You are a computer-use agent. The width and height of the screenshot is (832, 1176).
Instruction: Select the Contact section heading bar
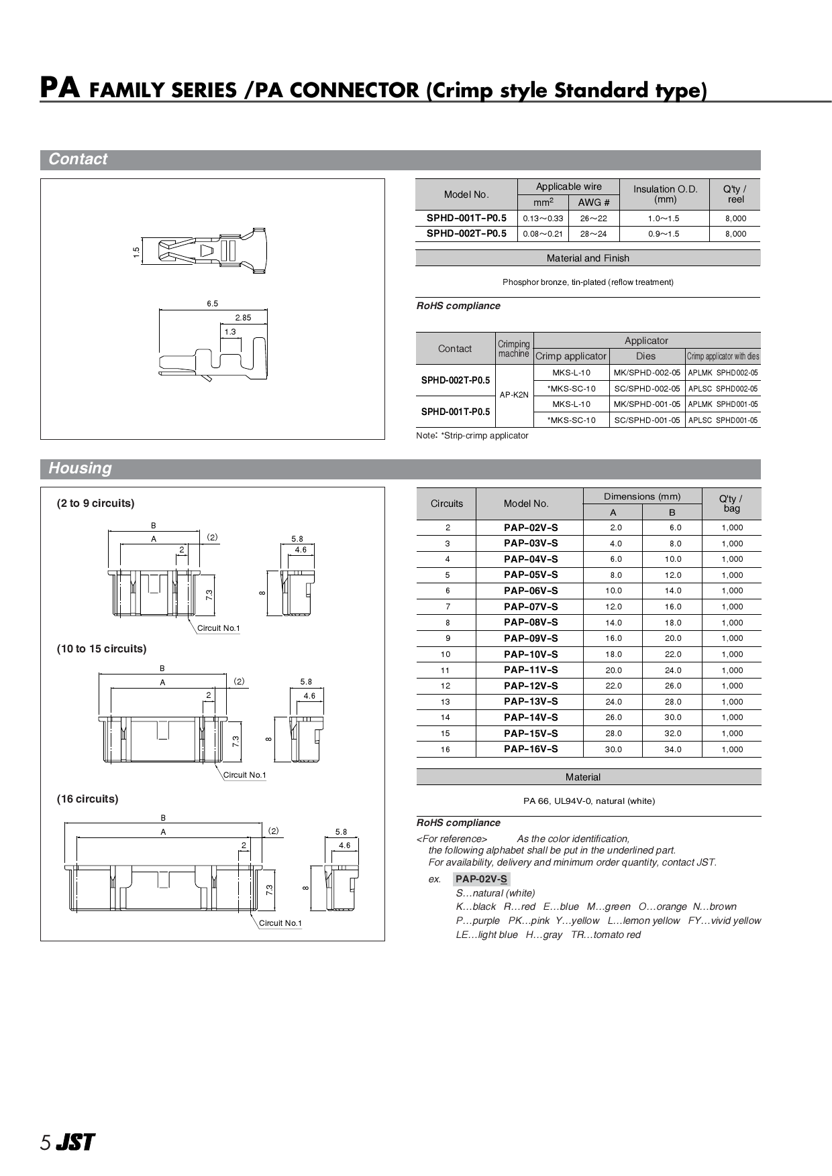click(400, 160)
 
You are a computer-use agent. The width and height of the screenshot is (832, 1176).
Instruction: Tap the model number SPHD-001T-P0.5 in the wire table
click(466, 218)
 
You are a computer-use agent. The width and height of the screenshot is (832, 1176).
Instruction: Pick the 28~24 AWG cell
click(593, 234)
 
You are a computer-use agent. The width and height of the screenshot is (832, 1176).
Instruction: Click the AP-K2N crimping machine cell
click(514, 396)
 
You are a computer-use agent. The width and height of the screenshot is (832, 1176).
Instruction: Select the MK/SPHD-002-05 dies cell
click(646, 373)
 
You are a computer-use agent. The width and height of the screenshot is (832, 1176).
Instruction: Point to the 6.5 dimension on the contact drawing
click(212, 304)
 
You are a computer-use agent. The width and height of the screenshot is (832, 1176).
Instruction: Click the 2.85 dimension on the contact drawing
click(243, 318)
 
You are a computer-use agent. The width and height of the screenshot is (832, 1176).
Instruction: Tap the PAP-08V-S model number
click(530, 623)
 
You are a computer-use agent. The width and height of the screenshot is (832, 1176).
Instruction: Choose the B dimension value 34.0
click(672, 750)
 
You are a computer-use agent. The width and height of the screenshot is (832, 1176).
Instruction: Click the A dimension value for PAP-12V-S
click(613, 686)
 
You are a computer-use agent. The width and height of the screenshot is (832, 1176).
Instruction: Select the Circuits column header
click(446, 504)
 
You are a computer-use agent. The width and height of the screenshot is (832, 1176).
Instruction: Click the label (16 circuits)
click(87, 799)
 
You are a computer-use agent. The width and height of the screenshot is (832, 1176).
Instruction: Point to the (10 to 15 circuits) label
click(101, 649)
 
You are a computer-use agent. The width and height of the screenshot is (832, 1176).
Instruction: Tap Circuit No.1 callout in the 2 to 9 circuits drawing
click(218, 628)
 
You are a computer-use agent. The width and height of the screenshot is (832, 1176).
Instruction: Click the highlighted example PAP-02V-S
click(481, 879)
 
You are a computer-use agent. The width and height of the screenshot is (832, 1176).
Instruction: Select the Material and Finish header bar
click(588, 258)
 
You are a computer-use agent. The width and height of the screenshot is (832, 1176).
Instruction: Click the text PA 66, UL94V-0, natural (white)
click(588, 801)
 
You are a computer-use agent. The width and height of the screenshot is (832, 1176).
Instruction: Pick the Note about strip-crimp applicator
click(472, 436)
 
